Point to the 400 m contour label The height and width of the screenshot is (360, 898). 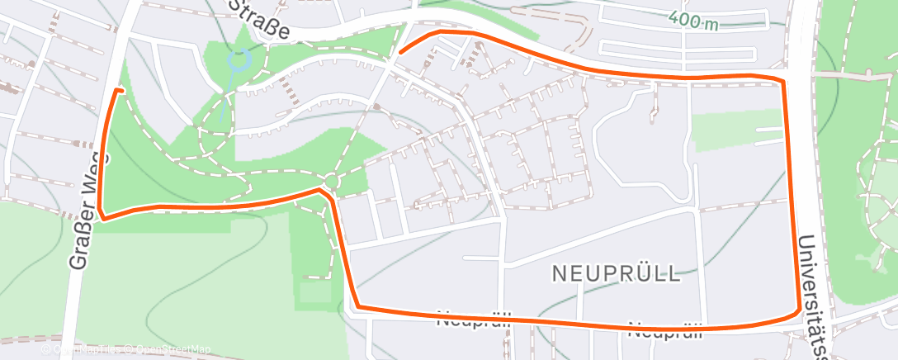[x=693, y=21]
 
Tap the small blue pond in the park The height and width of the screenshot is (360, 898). [x=239, y=59]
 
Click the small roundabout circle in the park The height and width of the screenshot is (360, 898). [x=332, y=181]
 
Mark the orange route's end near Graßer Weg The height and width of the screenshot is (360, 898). [x=122, y=89]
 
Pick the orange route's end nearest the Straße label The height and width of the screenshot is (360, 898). [x=401, y=52]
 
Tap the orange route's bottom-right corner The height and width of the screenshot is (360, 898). [x=797, y=312]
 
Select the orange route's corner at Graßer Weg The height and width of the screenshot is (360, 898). [x=102, y=218]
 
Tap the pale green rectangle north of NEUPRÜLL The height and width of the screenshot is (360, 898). [x=736, y=130]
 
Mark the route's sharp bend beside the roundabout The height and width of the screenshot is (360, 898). [x=321, y=190]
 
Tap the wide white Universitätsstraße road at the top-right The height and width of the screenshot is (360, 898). [x=800, y=33]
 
